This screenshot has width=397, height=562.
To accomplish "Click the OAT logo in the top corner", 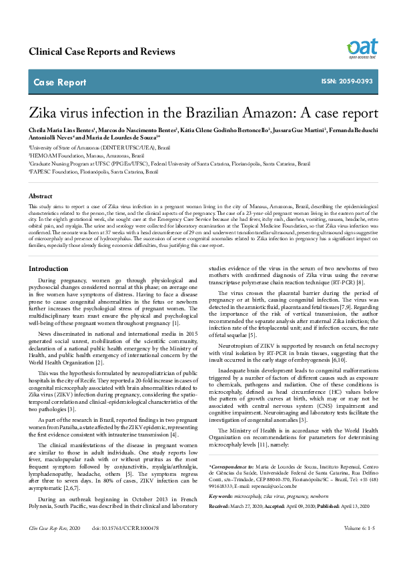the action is (x=362, y=48).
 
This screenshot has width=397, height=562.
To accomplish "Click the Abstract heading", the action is (x=41, y=196).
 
